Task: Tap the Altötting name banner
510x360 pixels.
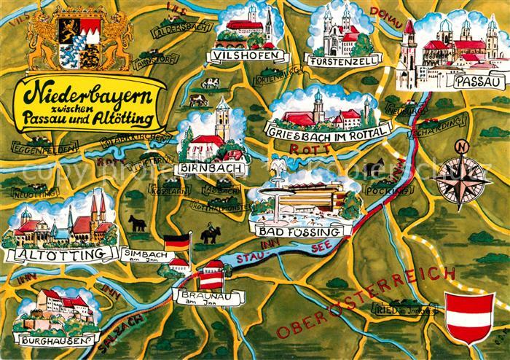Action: pyautogui.click(x=60, y=254)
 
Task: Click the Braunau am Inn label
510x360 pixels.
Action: pyautogui.click(x=197, y=297)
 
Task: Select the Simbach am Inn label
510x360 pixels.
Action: pyautogui.click(x=148, y=254)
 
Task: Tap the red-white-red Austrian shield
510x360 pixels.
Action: pyautogui.click(x=464, y=317)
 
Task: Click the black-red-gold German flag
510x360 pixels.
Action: pyautogui.click(x=176, y=242)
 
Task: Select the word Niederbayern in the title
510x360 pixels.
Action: pyautogui.click(x=87, y=94)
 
